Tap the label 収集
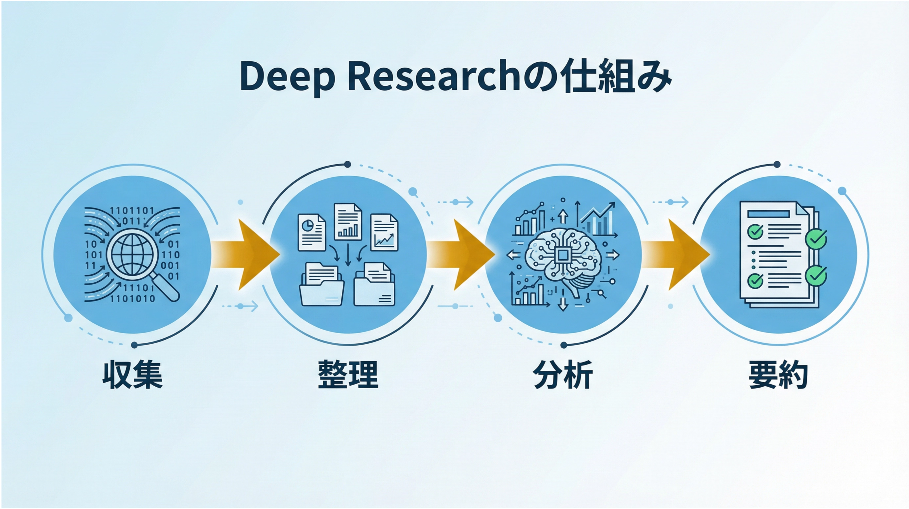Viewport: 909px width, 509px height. [x=132, y=375]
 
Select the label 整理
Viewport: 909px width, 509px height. [x=348, y=375]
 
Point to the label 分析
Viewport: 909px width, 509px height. [x=562, y=375]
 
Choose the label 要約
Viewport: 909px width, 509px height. [x=778, y=375]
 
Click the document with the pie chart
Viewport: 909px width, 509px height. [x=312, y=233]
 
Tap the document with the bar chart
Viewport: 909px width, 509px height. [x=348, y=222]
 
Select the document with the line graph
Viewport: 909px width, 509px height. [x=384, y=232]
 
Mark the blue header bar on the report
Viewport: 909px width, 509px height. [x=768, y=214]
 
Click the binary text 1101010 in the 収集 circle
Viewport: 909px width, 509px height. [x=132, y=299]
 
